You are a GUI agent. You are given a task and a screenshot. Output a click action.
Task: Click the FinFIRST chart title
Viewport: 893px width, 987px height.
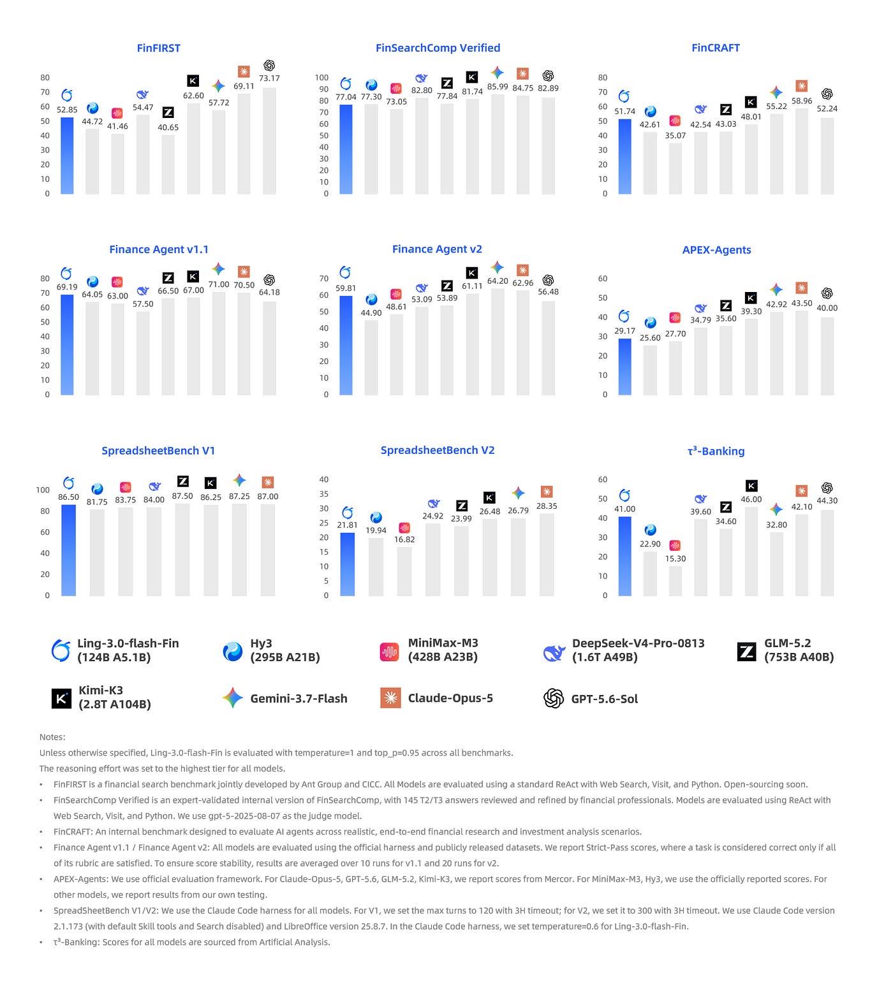coord(158,48)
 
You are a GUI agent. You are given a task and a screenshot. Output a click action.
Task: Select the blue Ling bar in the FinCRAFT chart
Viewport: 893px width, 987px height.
coord(624,157)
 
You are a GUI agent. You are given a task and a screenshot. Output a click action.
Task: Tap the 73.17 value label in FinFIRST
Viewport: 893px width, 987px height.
coord(269,78)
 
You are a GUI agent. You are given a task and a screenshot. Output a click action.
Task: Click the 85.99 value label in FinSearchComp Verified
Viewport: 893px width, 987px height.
coord(498,87)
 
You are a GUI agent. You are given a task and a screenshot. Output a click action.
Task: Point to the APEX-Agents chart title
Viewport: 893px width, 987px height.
coord(716,250)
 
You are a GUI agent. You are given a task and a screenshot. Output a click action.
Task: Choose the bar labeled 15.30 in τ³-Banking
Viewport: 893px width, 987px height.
coord(675,581)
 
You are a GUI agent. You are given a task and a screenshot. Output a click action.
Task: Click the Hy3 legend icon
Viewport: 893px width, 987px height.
coord(232,651)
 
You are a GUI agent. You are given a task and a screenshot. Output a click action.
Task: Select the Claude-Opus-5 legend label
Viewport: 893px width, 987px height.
coord(450,698)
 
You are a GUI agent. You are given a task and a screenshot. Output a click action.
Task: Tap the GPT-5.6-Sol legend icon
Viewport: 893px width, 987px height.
coord(554,698)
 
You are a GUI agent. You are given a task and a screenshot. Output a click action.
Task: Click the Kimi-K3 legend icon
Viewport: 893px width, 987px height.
coord(61,698)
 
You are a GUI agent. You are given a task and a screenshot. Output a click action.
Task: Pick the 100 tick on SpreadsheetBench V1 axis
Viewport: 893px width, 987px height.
coord(43,490)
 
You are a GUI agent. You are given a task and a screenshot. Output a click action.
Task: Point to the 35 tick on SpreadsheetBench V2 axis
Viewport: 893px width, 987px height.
coord(324,494)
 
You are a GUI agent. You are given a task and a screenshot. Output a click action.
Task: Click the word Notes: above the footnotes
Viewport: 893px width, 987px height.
coord(52,737)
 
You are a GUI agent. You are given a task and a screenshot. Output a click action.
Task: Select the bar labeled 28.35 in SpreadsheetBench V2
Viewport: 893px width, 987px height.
coord(547,555)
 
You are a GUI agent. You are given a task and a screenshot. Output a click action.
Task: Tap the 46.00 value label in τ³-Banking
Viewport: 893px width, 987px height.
coord(751,499)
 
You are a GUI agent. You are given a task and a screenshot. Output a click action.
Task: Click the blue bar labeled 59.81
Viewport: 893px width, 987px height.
coord(346,346)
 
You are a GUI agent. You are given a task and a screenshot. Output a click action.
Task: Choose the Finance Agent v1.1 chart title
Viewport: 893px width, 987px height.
coord(159,249)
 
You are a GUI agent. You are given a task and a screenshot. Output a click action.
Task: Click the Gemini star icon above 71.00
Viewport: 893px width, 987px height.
coord(218,268)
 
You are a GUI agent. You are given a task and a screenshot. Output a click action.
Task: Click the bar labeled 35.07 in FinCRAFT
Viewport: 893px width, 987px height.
coord(675,169)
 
